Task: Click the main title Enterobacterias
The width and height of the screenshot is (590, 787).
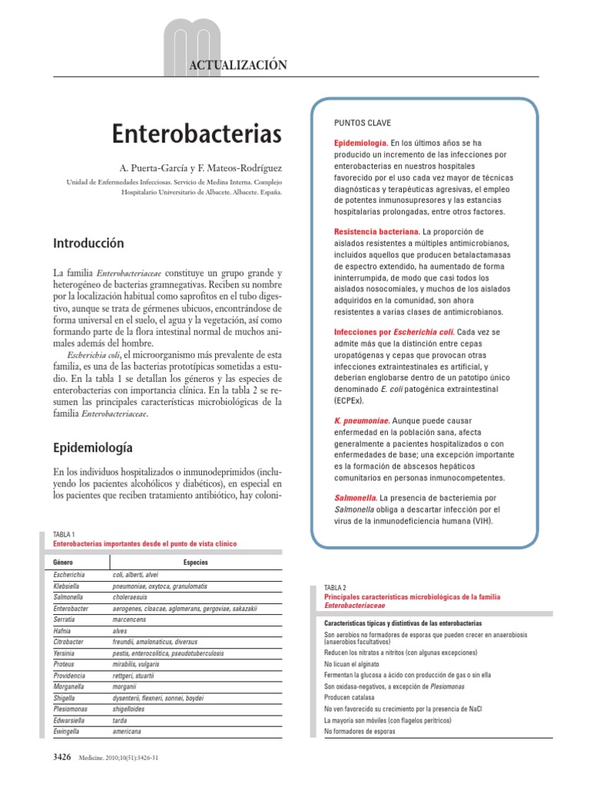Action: point(197,134)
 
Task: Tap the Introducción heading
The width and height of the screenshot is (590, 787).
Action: point(88,243)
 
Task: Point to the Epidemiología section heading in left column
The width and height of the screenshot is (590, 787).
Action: point(93,447)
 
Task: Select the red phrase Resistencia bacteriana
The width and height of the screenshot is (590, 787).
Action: point(376,231)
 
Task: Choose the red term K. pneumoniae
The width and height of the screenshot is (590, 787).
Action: point(361,420)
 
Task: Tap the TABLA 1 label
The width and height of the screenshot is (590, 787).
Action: point(64,534)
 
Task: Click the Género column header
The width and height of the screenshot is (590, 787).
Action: point(64,562)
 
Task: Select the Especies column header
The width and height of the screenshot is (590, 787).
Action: point(196,562)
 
